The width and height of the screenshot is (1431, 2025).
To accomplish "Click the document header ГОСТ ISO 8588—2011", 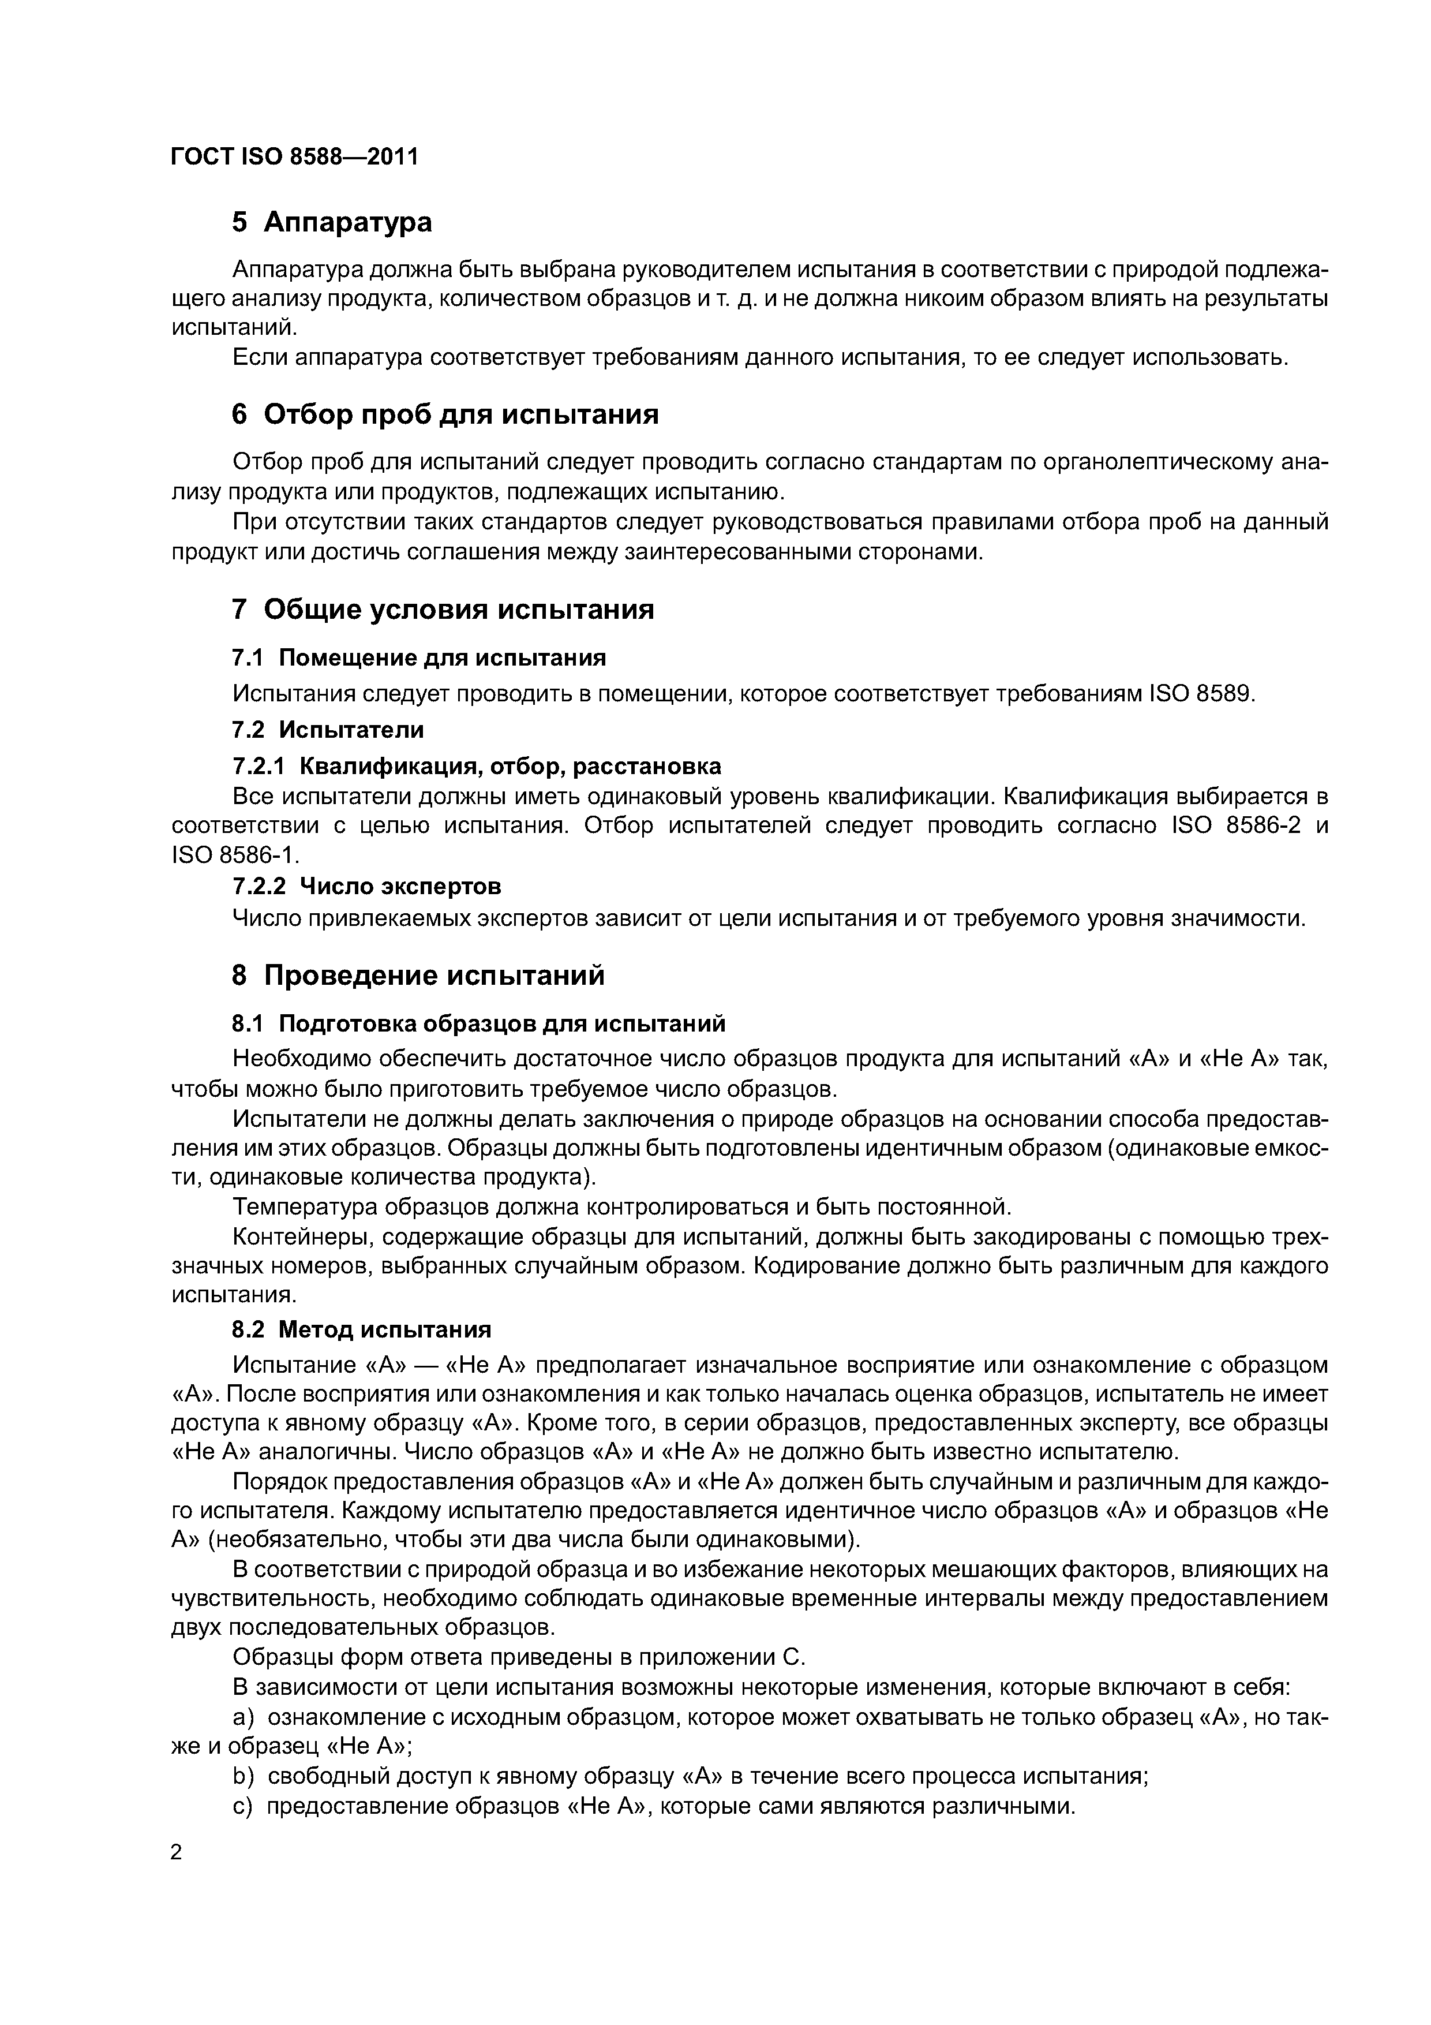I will pos(294,157).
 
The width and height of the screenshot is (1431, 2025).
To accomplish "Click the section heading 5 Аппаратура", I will pos(332,222).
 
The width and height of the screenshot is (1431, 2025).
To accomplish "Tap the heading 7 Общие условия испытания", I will pos(443,610).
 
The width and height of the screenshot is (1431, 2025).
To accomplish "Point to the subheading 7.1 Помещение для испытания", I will pos(419,658).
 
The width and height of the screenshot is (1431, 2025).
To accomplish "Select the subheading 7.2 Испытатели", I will pos(327,730).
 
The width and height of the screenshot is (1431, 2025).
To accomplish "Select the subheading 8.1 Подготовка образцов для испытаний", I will pos(479,1024).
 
